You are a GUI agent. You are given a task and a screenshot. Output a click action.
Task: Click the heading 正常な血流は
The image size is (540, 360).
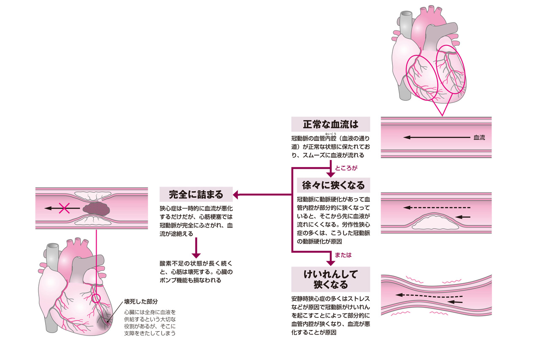click(330, 125)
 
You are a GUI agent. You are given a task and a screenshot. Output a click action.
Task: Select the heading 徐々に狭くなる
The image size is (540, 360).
click(330, 185)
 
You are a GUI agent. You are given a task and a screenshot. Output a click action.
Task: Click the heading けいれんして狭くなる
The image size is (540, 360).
click(330, 279)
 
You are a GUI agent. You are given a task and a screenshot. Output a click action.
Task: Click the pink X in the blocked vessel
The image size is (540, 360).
click(64, 208)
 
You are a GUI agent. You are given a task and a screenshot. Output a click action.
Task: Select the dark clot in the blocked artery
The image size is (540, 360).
click(96, 208)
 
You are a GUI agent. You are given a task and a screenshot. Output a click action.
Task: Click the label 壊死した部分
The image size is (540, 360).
click(140, 302)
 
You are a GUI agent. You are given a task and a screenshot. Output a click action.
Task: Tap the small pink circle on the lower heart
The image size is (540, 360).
click(96, 299)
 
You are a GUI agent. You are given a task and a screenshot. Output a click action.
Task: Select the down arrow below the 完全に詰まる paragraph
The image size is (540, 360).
click(195, 249)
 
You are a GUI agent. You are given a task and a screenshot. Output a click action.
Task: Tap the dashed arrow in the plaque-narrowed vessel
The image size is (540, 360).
click(437, 208)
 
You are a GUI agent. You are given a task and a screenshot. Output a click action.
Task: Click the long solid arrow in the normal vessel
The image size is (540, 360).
click(437, 138)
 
